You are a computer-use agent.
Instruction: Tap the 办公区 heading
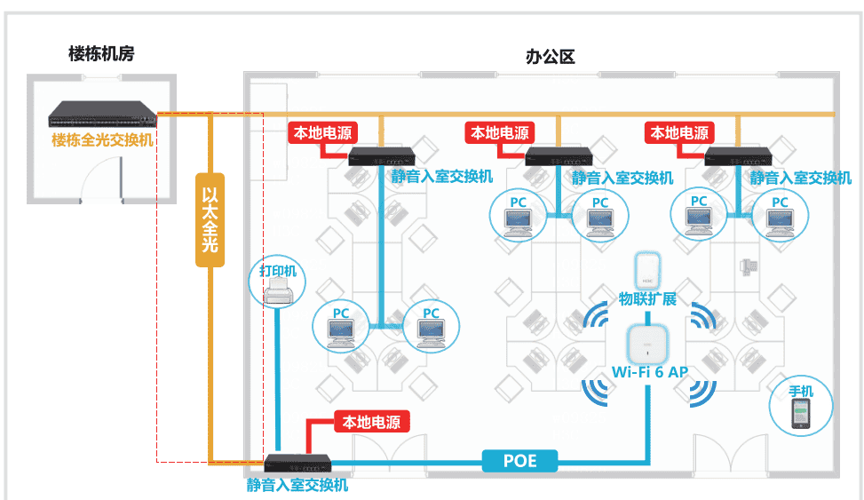point(551,58)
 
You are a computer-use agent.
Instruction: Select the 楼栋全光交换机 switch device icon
point(102,114)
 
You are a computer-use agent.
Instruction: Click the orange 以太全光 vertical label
point(209,218)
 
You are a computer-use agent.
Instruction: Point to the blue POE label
point(521,460)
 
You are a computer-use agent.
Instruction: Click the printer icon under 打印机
point(278,291)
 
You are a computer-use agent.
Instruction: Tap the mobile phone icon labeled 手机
point(801,415)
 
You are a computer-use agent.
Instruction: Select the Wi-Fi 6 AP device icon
point(646,345)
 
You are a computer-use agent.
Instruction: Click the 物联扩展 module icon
point(647,270)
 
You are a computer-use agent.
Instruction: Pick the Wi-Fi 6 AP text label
point(650,372)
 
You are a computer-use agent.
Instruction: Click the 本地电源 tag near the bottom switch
point(371,422)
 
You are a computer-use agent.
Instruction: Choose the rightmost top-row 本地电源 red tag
point(679,133)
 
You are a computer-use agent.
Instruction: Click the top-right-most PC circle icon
point(779,216)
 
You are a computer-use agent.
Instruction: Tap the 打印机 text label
point(278,268)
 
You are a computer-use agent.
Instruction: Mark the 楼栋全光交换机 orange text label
point(102,140)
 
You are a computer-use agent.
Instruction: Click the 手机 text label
point(801,392)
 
